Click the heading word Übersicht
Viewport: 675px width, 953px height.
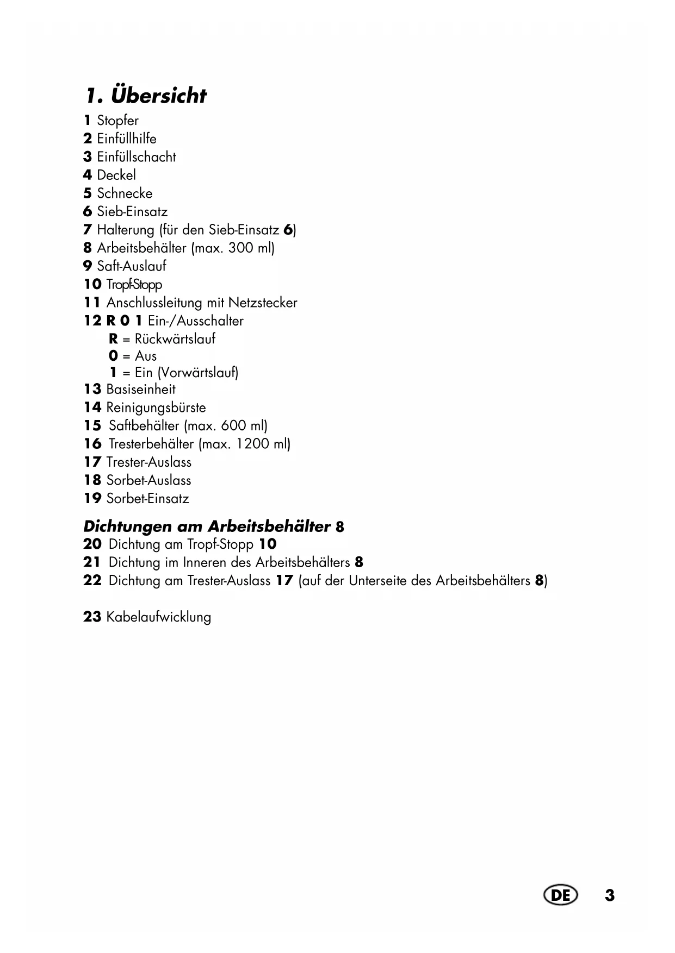pos(159,96)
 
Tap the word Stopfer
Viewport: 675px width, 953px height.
pos(117,121)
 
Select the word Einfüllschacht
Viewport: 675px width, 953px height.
pos(137,157)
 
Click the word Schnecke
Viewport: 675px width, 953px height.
pos(125,193)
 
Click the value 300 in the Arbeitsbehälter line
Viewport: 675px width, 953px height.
pos(240,248)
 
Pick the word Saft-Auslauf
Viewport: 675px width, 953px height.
pos(132,266)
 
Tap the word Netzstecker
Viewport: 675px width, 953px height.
pos(263,303)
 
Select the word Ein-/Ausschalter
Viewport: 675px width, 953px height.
pos(196,321)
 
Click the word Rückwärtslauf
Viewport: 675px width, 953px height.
pos(175,339)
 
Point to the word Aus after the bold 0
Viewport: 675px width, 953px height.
pos(146,356)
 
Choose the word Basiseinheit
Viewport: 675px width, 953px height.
pos(141,389)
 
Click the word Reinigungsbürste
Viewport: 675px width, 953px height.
pos(156,407)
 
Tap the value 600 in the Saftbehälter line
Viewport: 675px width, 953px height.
pos(233,425)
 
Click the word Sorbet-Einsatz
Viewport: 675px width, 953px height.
pos(148,499)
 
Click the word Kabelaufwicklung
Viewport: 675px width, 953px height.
pos(159,617)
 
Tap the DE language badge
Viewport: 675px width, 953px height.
pos(560,895)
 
